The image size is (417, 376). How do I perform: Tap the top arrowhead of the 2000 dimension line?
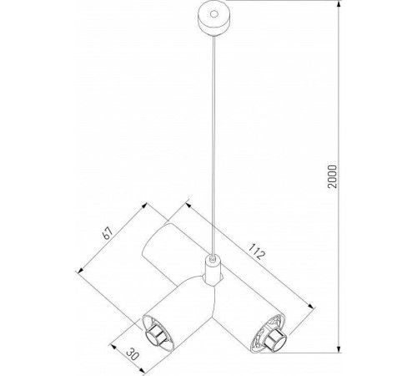point(340,11)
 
